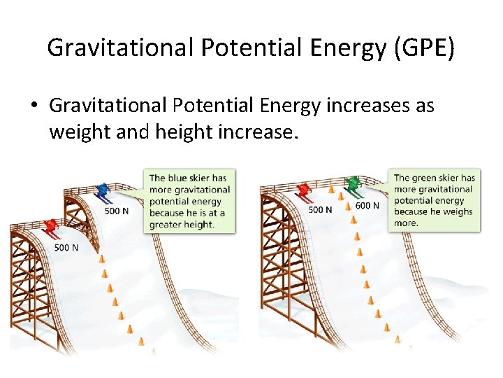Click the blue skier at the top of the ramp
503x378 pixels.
tap(103, 191)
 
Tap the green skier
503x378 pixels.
tap(353, 184)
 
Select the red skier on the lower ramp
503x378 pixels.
tap(50, 227)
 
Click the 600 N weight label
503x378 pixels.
tap(367, 206)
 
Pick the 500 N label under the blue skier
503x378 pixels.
tap(117, 211)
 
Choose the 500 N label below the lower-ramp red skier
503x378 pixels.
tap(66, 247)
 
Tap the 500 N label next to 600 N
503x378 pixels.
tap(320, 209)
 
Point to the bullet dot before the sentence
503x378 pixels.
tap(33, 106)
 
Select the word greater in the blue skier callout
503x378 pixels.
tap(166, 224)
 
